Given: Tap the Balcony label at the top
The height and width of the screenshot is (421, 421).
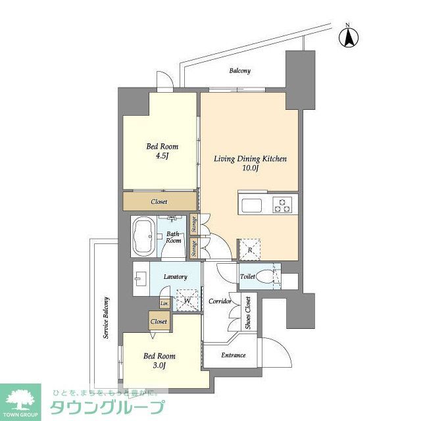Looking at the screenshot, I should click(x=239, y=70).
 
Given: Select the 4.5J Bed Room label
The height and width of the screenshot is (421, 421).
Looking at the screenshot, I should click(x=162, y=151).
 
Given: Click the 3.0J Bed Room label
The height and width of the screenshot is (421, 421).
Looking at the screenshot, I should click(x=159, y=360).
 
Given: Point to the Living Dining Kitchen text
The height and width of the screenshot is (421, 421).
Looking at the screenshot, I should click(x=250, y=163).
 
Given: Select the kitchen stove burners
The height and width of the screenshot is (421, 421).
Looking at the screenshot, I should click(x=284, y=205).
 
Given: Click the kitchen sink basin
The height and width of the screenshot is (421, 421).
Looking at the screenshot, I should click(x=253, y=205).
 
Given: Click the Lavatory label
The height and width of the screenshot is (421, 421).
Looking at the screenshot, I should click(x=176, y=277).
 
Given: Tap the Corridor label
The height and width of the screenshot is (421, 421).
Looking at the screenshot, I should click(x=220, y=301).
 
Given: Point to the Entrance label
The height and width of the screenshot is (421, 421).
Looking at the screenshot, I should click(x=233, y=355).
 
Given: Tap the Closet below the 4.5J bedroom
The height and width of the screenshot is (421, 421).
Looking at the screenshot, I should click(x=159, y=201).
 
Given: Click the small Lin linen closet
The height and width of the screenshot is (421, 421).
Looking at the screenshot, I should click(x=163, y=303).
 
